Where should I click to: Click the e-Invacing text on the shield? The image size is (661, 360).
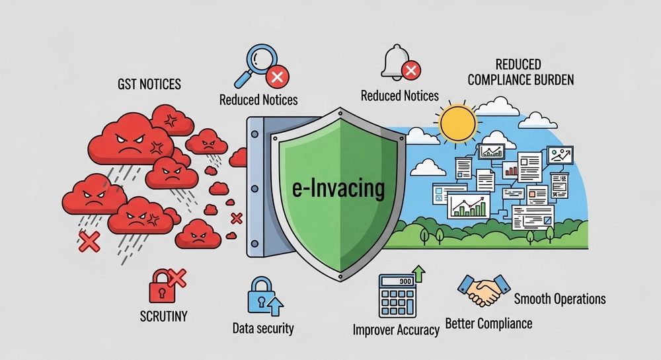pos(338,188)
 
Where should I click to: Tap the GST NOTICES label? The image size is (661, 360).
pos(149,84)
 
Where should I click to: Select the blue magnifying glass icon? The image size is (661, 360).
pos(255,65)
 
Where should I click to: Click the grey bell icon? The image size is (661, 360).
pos(395,62)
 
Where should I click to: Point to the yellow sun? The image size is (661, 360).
pos(458,123)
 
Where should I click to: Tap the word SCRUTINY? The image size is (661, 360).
pos(163,316)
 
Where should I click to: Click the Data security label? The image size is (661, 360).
pos(263,328)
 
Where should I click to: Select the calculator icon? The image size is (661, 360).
pos(397,295)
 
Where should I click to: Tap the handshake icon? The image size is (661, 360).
pos(484,290)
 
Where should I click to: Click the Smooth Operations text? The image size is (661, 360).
pos(560,299)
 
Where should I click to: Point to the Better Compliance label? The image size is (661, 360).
pos(488,324)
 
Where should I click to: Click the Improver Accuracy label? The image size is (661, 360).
pos(396,330)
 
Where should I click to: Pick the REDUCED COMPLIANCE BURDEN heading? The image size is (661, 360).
pos(521,72)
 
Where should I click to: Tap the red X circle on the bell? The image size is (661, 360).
pos(411,70)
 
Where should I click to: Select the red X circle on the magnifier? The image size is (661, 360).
pos(277,77)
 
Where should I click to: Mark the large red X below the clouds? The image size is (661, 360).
pos(89,242)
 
